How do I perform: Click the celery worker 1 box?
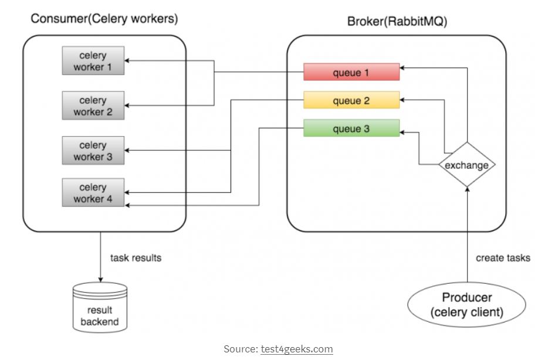tap(93, 61)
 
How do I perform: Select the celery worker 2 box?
tap(93, 106)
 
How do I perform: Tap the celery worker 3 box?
tap(93, 151)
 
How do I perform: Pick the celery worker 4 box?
tap(93, 193)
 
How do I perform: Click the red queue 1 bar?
tap(351, 73)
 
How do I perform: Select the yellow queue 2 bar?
tap(351, 100)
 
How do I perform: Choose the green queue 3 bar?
tap(351, 128)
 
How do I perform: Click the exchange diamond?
tap(466, 165)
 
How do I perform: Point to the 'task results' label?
tap(136, 257)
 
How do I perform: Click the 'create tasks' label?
tap(503, 257)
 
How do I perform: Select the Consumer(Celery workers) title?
tap(104, 19)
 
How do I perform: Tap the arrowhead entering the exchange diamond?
tap(466, 191)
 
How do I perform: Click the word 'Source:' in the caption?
tap(241, 349)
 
